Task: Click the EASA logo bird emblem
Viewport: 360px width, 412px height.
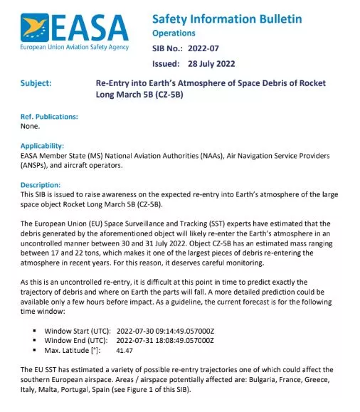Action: click(36, 28)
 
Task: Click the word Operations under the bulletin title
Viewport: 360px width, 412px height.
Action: click(174, 33)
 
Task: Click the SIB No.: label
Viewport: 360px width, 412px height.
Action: click(169, 49)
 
